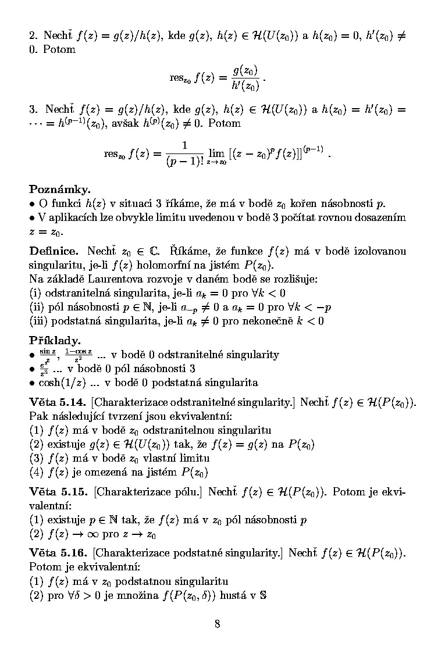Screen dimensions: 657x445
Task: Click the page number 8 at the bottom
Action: pos(217,624)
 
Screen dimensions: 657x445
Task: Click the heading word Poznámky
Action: pos(60,190)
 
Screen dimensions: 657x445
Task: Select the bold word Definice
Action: pos(54,251)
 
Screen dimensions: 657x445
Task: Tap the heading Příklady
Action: pos(55,341)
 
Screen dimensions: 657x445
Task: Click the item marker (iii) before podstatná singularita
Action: pos(38,321)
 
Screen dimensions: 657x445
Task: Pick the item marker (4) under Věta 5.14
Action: pos(36,472)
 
